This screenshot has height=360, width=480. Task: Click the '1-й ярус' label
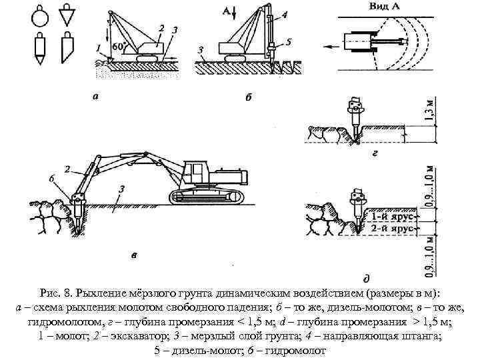(x=391, y=216)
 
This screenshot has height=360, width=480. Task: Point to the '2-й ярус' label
(x=391, y=228)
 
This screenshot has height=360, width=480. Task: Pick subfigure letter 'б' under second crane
(x=248, y=97)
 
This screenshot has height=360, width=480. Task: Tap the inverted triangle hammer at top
(x=67, y=13)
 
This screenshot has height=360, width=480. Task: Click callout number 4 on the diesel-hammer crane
(x=285, y=13)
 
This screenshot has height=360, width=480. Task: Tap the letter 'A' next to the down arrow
(x=228, y=11)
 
